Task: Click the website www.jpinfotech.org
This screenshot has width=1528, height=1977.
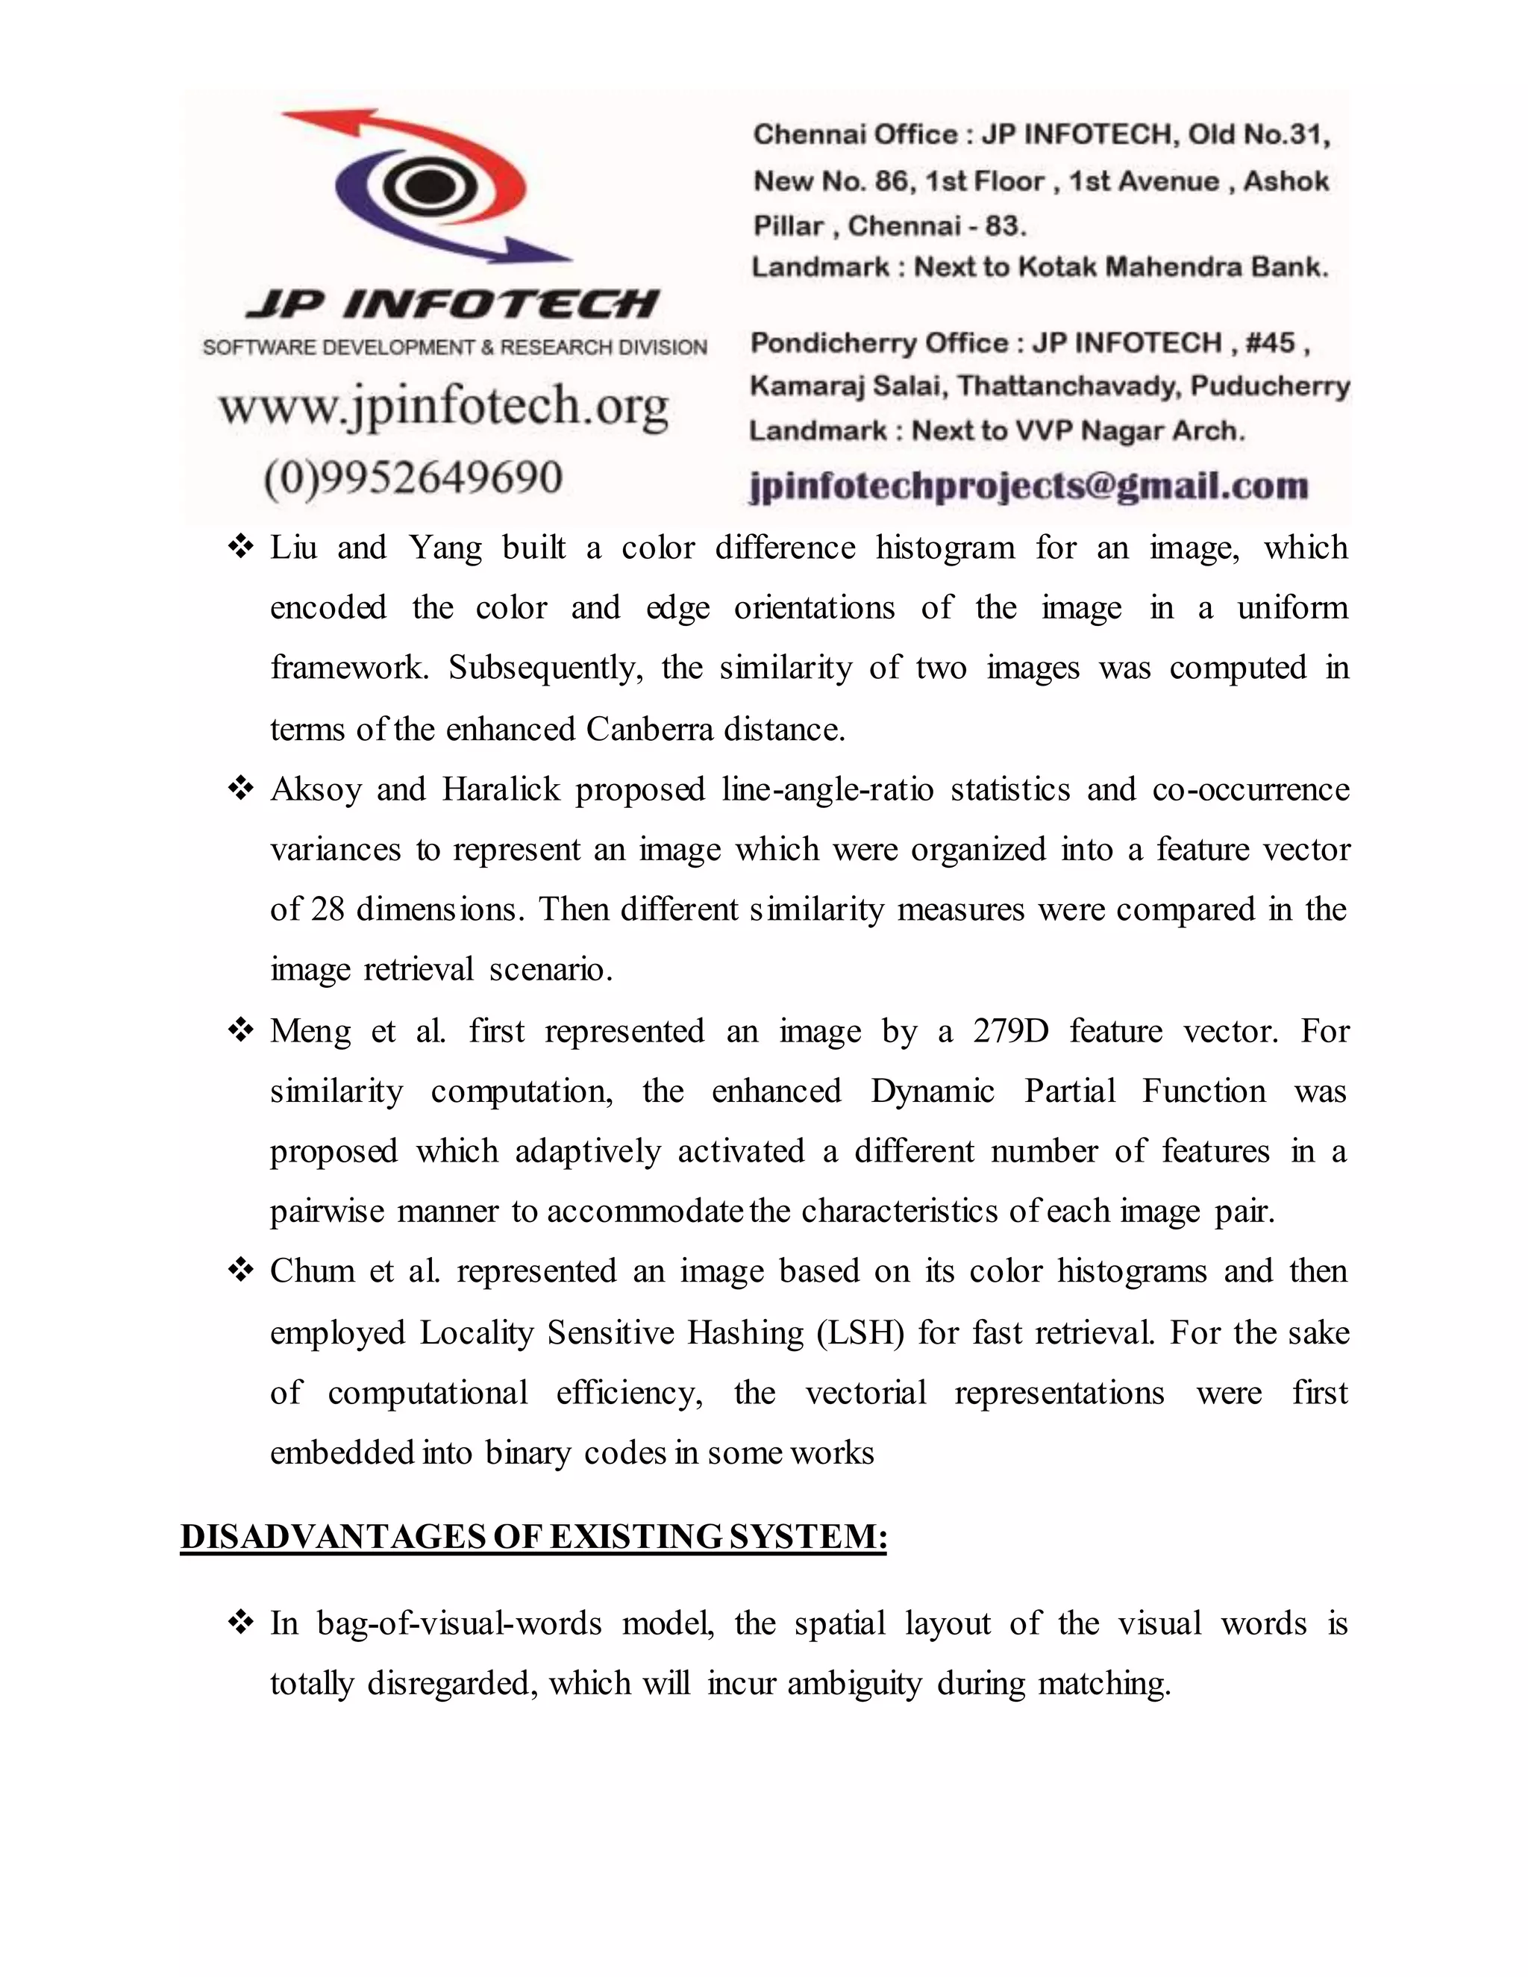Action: click(x=444, y=407)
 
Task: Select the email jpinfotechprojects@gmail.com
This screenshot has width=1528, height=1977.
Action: click(x=1029, y=486)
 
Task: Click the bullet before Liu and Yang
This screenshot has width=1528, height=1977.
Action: click(x=240, y=548)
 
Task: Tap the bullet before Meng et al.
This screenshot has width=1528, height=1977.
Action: click(x=240, y=1031)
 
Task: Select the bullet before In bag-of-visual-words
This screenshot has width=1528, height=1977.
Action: click(x=240, y=1623)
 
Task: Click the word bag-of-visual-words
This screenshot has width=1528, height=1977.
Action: click(x=459, y=1623)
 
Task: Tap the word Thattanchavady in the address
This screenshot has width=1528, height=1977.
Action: click(x=1069, y=386)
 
